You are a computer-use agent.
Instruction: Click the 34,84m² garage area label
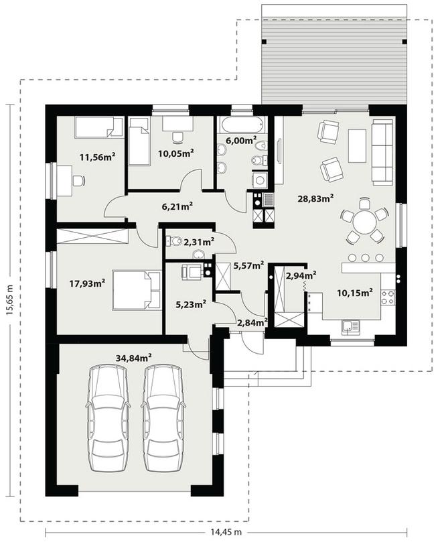pos(134,358)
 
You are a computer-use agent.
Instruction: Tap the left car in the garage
pos(107,417)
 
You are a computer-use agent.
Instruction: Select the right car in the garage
pos(163,417)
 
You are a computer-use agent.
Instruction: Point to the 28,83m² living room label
pos(315,198)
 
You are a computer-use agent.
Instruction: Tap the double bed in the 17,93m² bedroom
pos(137,290)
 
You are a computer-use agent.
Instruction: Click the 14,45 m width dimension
pos(226,531)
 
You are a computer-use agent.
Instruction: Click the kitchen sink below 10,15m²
pos(350,327)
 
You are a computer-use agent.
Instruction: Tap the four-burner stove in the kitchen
pos(388,297)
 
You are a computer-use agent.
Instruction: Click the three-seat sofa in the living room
pos(383,151)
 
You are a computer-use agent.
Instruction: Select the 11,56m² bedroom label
pos(97,157)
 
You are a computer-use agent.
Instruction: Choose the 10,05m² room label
pos(175,153)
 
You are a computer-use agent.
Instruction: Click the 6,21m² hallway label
pos(177,207)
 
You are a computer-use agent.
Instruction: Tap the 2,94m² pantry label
pos(301,275)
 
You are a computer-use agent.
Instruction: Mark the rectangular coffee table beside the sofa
pos(357,145)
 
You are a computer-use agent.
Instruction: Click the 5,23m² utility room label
pos(191,304)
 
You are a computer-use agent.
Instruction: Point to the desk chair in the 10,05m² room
pos(177,137)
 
